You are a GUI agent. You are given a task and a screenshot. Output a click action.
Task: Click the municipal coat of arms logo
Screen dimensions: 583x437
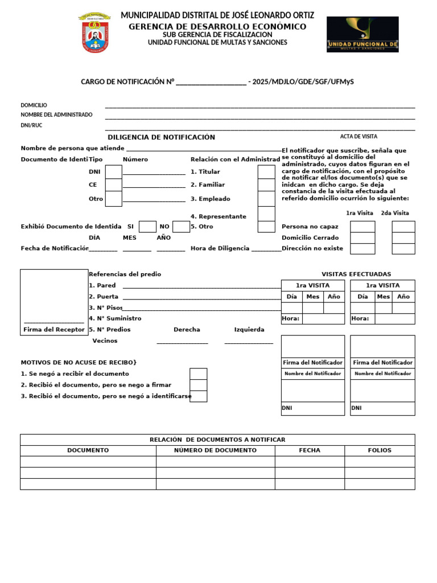[x=95, y=34]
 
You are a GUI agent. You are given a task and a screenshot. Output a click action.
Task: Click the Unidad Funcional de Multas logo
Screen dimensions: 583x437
[x=362, y=34]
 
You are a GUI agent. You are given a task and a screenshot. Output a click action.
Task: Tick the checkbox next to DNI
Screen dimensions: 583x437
[x=114, y=171]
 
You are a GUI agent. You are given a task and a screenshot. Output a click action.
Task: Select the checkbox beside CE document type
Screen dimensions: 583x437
[x=114, y=185]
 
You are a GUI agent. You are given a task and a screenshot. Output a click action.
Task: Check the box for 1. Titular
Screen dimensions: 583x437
[x=266, y=171]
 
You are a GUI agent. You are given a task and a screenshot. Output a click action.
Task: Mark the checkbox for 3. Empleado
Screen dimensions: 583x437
[x=266, y=199]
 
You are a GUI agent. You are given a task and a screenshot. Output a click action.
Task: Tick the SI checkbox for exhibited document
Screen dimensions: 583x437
[x=147, y=227]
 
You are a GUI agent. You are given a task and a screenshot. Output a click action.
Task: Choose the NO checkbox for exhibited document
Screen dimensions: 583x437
[x=181, y=227]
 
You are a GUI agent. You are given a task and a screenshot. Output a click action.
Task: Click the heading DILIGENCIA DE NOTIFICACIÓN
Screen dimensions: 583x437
[x=161, y=137]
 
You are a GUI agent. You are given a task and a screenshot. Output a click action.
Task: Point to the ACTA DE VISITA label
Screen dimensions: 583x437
[x=358, y=137]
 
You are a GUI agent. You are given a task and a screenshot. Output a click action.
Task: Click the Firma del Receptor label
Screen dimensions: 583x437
[x=54, y=330]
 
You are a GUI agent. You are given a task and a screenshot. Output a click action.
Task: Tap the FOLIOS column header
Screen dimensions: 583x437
[x=380, y=450]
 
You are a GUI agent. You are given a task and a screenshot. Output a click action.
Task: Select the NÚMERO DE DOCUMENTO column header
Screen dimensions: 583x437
[x=215, y=450]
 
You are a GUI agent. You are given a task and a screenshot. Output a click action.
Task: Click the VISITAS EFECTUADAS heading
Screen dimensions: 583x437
[x=356, y=274]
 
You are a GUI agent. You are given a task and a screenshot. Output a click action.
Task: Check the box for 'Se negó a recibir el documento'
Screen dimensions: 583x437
[x=198, y=374]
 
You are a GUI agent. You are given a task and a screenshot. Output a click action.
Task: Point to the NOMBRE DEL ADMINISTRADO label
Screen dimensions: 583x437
[x=56, y=115]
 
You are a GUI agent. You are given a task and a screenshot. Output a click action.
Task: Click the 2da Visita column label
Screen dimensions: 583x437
[x=395, y=213]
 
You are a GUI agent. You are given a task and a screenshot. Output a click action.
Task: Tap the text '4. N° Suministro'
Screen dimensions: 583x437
[x=115, y=319]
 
